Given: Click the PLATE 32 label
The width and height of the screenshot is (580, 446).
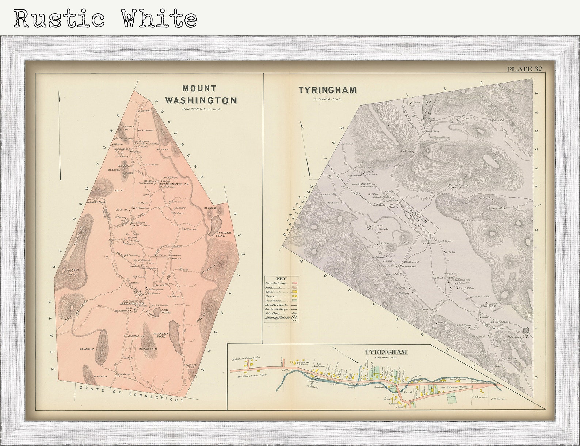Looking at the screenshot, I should point(524,69).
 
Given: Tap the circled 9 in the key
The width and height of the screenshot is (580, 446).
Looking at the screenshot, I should point(294,318).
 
